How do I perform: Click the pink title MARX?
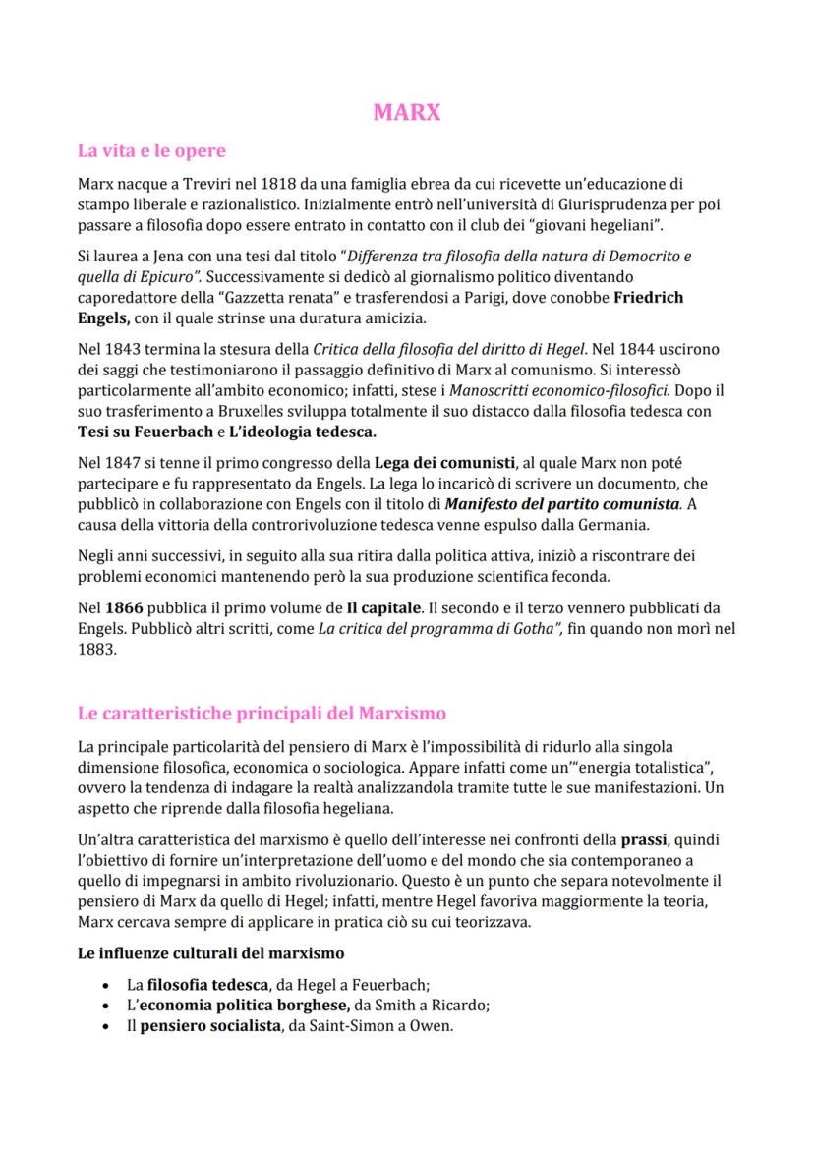[407, 112]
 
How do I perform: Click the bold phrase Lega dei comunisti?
[445, 463]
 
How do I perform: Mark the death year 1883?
[96, 650]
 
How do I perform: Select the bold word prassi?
[644, 839]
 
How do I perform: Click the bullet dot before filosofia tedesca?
[106, 984]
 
